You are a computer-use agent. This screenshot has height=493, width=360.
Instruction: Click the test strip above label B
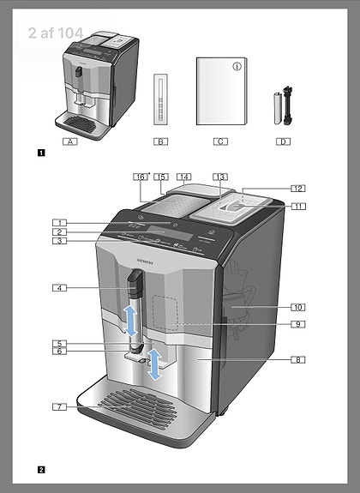pos(160,100)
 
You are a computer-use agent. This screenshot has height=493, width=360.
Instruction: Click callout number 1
pos(58,223)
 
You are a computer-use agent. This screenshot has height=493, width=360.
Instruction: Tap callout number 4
pos(58,288)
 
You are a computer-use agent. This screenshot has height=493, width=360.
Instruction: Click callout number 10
pos(297,306)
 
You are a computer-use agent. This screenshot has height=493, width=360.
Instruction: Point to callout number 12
pos(297,188)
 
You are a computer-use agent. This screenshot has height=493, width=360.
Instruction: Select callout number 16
pos(141,176)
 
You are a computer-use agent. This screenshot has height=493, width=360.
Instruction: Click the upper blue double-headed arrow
pos(131,320)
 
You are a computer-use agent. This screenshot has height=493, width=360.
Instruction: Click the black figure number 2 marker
pos(41,469)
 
